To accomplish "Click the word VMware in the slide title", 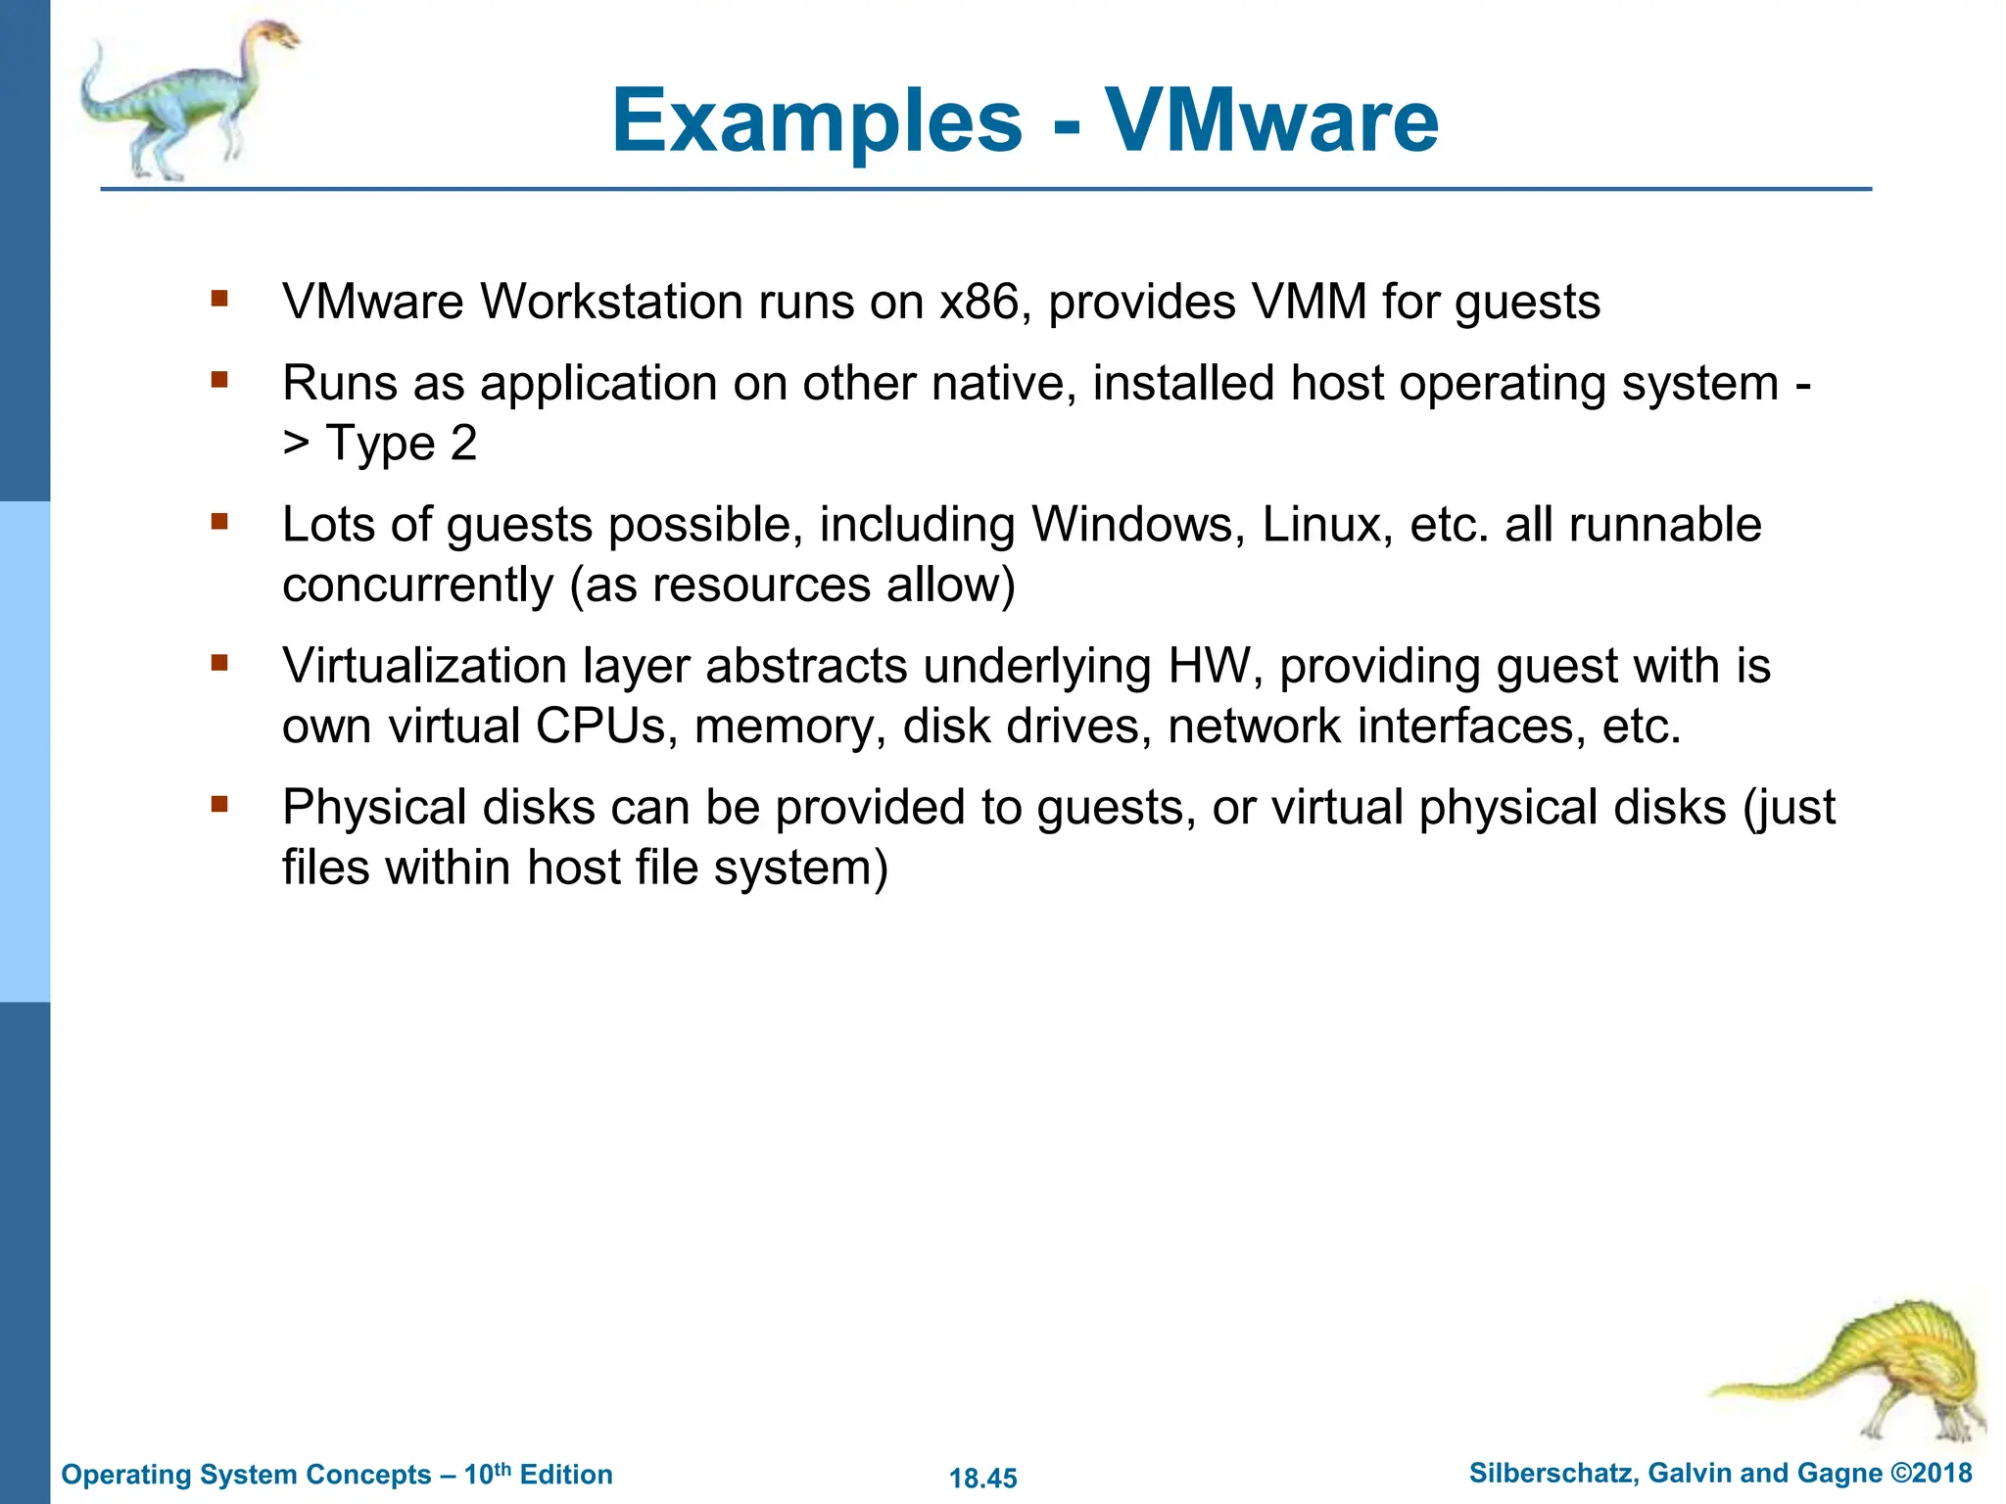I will tap(1271, 121).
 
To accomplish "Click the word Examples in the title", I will tap(817, 123).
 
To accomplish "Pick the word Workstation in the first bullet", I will tap(611, 302).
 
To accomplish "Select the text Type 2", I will tap(402, 444).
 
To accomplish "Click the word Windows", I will tap(1137, 525).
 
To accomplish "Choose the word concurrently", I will tap(418, 586).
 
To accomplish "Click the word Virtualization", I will tap(424, 667).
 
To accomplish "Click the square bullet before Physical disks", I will tap(219, 805).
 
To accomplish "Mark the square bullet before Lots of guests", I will tap(219, 522).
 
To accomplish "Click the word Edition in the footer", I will tap(566, 1475).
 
